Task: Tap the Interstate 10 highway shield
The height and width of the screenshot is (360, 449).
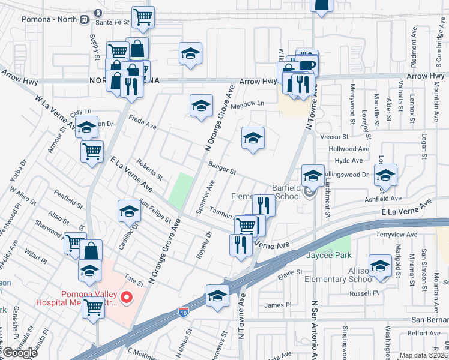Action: point(184,313)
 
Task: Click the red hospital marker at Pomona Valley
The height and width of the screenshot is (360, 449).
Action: point(126,297)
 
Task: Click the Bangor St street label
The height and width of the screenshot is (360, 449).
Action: point(221,168)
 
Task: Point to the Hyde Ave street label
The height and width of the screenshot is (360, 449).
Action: point(349,161)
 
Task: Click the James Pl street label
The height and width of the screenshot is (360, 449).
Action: point(277,305)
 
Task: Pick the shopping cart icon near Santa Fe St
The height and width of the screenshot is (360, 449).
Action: point(143,17)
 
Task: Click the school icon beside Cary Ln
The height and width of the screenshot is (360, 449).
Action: point(87,127)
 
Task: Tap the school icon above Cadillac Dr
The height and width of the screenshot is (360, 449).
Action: point(129,211)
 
